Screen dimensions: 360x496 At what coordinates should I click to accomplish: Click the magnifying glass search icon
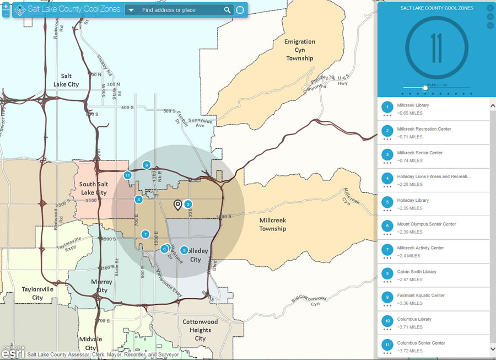tap(228, 10)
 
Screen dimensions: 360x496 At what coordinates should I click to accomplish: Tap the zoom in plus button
tap(6, 6)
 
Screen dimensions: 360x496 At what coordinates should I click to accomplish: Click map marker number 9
tap(146, 165)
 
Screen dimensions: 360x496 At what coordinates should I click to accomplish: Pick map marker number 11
tap(127, 175)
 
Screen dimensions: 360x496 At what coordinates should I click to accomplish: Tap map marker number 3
tap(188, 204)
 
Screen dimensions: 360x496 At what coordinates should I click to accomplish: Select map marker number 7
tap(145, 234)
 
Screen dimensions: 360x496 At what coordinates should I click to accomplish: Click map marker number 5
tap(184, 250)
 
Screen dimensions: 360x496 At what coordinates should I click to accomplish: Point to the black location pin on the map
tap(177, 205)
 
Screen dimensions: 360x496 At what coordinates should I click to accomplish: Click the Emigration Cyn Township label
tap(299, 50)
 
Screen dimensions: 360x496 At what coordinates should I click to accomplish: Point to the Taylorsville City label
tap(37, 293)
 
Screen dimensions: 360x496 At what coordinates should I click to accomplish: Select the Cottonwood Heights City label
tap(200, 330)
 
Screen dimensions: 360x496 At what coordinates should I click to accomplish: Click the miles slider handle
tap(425, 88)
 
